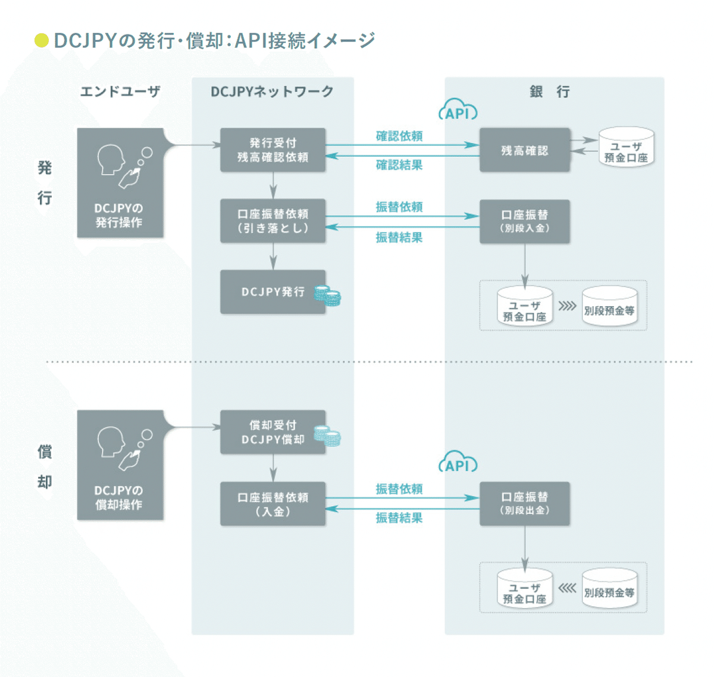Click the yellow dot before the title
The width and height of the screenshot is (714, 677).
[41, 40]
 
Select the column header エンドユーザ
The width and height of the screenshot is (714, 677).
[120, 92]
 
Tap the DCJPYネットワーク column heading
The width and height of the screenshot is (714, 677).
[272, 92]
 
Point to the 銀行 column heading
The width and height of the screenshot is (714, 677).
[550, 92]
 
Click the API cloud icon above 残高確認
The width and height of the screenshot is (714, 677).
[458, 111]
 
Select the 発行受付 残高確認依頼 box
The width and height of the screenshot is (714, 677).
[273, 150]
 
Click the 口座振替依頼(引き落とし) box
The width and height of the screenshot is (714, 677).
[273, 221]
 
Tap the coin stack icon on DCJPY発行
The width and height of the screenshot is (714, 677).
[327, 295]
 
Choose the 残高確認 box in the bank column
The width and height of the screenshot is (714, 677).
[524, 150]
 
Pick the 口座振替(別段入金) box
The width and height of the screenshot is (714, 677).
[524, 221]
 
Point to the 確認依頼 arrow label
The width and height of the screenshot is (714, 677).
[399, 136]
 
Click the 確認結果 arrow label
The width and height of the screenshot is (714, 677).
[399, 165]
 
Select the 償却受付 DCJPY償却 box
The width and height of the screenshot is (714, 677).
[273, 433]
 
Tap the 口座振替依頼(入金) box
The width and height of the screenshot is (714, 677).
[273, 504]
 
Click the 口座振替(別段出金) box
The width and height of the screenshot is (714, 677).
[524, 503]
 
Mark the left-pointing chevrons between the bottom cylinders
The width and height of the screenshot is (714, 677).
[567, 588]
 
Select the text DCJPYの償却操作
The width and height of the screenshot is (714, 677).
[119, 497]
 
